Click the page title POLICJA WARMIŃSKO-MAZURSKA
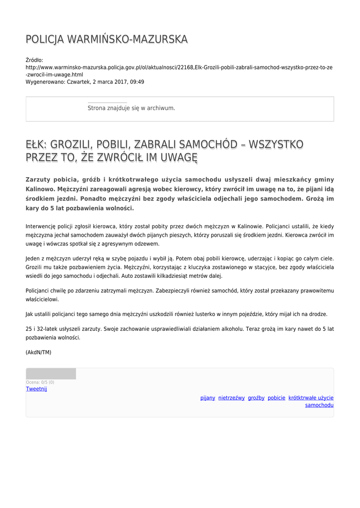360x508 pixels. click(107, 39)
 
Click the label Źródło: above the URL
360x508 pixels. click(34, 60)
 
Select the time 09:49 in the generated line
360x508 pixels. click(137, 82)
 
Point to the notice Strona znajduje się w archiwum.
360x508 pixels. click(131, 108)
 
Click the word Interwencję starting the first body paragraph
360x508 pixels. click(41, 226)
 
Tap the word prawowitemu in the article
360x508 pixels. click(317, 291)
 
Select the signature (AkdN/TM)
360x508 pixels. click(38, 352)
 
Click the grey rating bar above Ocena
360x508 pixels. click(51, 374)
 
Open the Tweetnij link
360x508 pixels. click(36, 389)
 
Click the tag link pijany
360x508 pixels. click(208, 398)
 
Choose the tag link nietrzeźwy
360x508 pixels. click(231, 398)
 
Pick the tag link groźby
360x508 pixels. click(256, 398)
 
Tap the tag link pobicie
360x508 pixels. click(277, 398)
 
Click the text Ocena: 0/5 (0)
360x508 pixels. click(40, 382)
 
